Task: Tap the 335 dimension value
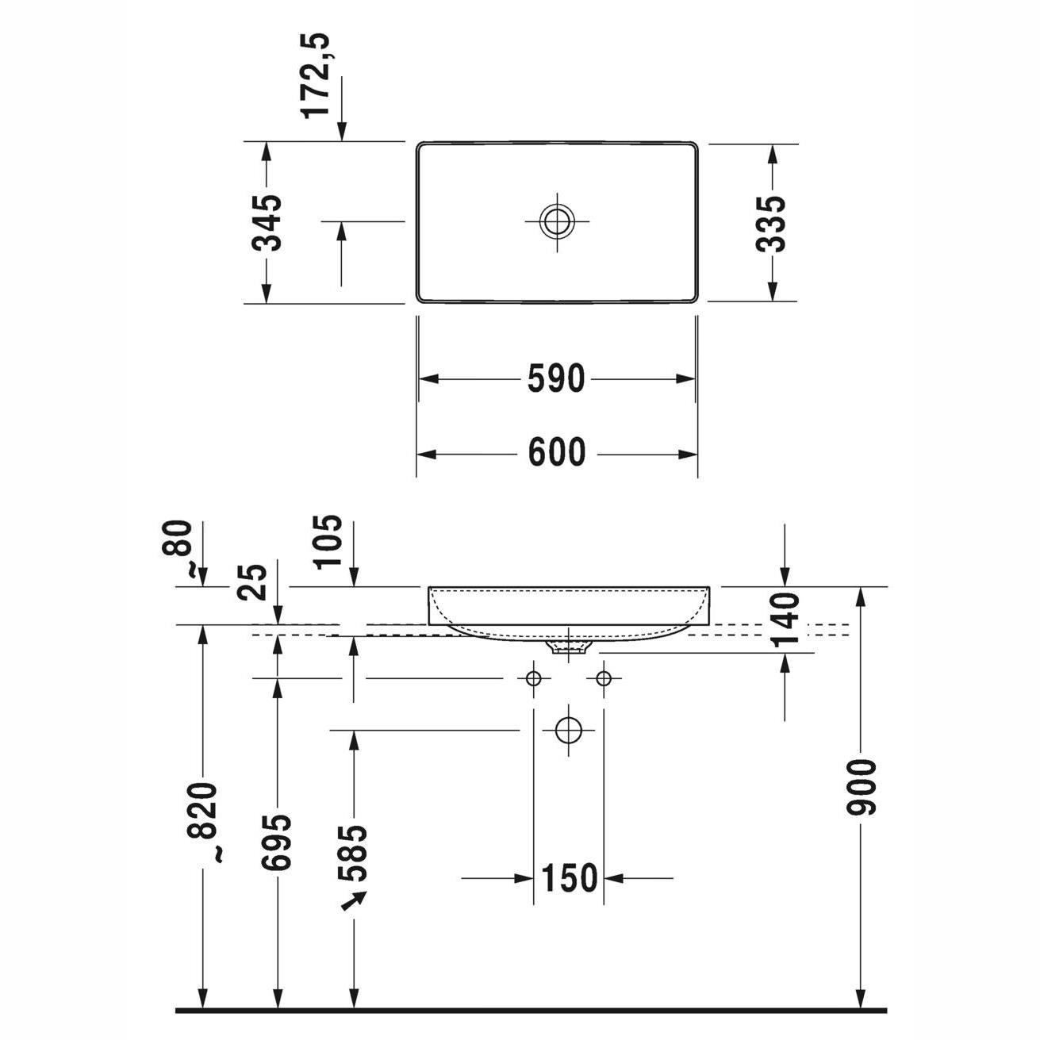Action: tap(770, 223)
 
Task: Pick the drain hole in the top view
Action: tap(556, 221)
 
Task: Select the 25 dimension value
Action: tap(253, 582)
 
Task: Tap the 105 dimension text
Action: tap(328, 542)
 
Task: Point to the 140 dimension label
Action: tap(785, 621)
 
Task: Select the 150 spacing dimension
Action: tap(568, 878)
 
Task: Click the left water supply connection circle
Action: tap(533, 678)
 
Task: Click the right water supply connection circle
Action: tap(604, 678)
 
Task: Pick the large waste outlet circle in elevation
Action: tap(568, 729)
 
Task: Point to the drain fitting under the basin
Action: tap(568, 649)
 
